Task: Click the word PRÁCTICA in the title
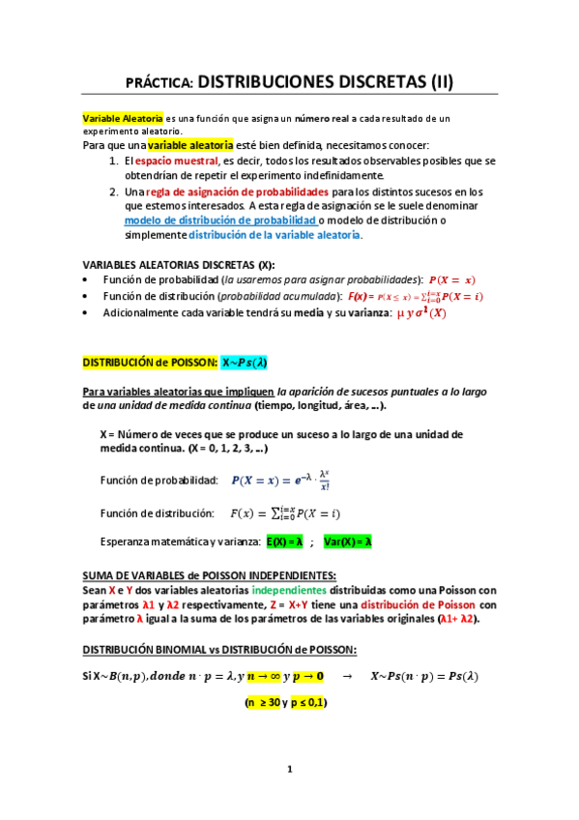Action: pyautogui.click(x=161, y=83)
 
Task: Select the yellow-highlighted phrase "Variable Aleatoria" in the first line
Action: pyautogui.click(x=123, y=118)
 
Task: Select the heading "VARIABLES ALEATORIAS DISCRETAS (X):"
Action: pyautogui.click(x=179, y=265)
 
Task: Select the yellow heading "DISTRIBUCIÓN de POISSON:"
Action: pyautogui.click(x=149, y=362)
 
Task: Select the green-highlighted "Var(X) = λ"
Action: pyautogui.click(x=349, y=542)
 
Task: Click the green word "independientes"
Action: pyautogui.click(x=289, y=590)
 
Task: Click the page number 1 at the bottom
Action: pyautogui.click(x=288, y=770)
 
